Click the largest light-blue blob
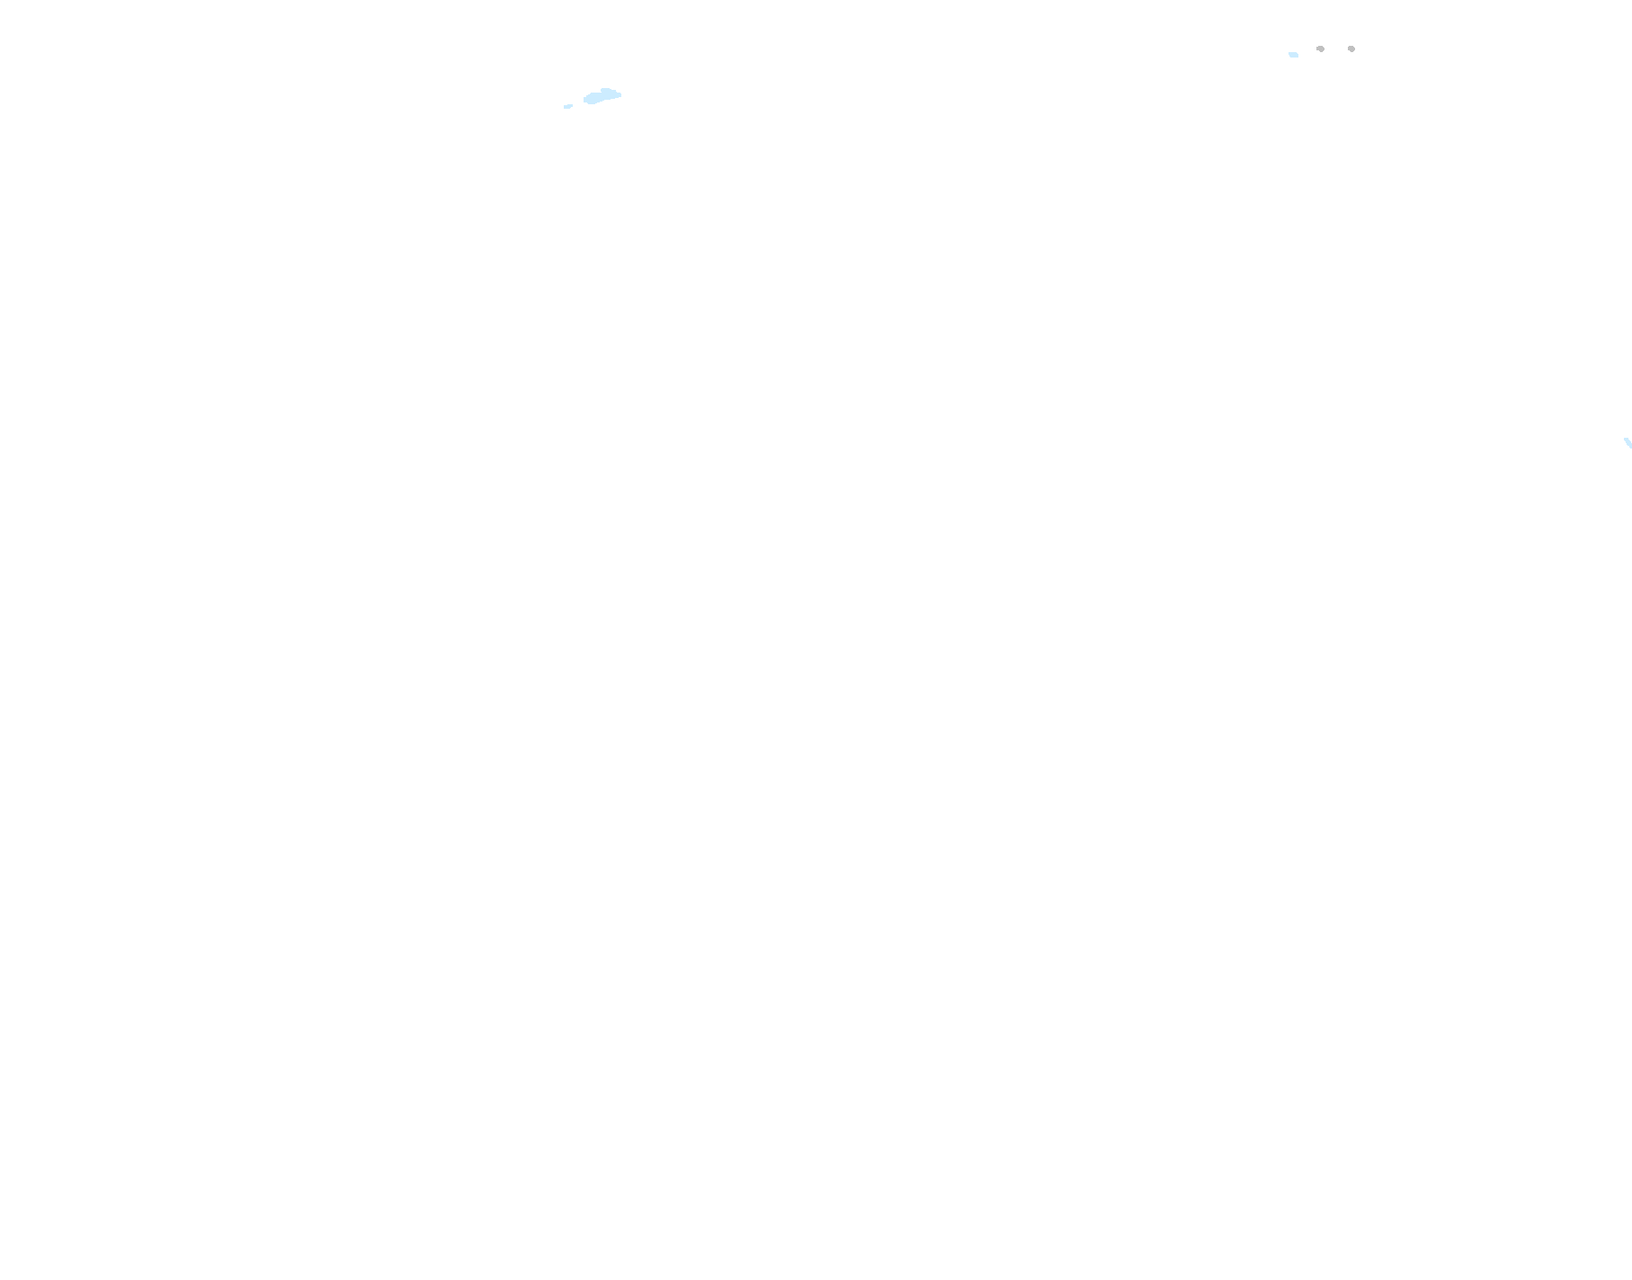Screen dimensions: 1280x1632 (602, 96)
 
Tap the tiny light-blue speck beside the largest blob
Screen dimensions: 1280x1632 (568, 106)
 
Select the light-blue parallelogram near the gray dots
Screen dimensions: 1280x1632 (1293, 55)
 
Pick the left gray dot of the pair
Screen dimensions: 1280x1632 (1320, 49)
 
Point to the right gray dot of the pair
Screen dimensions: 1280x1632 (1351, 49)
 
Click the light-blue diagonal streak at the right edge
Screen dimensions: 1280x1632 (1628, 442)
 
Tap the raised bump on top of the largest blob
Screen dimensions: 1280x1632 (606, 91)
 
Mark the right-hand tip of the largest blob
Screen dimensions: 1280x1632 (620, 94)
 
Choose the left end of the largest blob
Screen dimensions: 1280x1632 (585, 100)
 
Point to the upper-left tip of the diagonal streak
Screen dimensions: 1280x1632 (1625, 439)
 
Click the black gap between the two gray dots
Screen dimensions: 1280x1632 (1335, 49)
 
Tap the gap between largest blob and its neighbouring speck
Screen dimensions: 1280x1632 (578, 103)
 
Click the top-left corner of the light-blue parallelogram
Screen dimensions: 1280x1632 (1289, 52)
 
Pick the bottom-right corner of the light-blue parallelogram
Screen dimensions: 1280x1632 (1298, 57)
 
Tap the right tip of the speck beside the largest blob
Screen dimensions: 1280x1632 (572, 105)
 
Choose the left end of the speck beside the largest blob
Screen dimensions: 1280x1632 (565, 108)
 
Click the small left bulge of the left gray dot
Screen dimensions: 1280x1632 (1317, 49)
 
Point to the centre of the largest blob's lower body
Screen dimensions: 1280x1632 (597, 98)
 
